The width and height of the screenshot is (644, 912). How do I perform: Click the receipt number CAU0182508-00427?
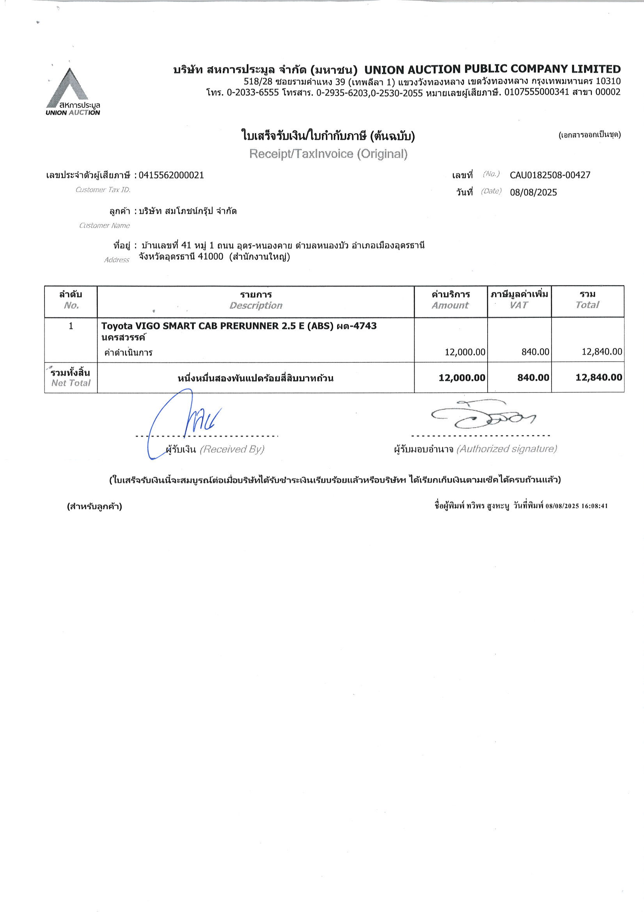click(550, 175)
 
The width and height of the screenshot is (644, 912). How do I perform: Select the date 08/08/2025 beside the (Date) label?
click(533, 193)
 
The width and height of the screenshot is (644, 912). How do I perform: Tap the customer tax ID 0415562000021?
click(171, 175)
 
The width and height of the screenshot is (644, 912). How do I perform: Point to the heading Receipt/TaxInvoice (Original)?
click(328, 154)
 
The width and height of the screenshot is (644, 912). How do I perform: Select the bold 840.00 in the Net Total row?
click(533, 377)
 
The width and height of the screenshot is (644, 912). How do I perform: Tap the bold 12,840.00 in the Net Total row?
click(598, 377)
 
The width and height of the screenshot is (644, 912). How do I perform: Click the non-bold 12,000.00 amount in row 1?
click(465, 352)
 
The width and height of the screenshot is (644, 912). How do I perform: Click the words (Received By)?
click(232, 449)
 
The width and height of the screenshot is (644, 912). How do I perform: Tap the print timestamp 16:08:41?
click(594, 506)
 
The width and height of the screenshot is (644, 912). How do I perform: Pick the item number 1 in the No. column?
click(71, 326)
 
